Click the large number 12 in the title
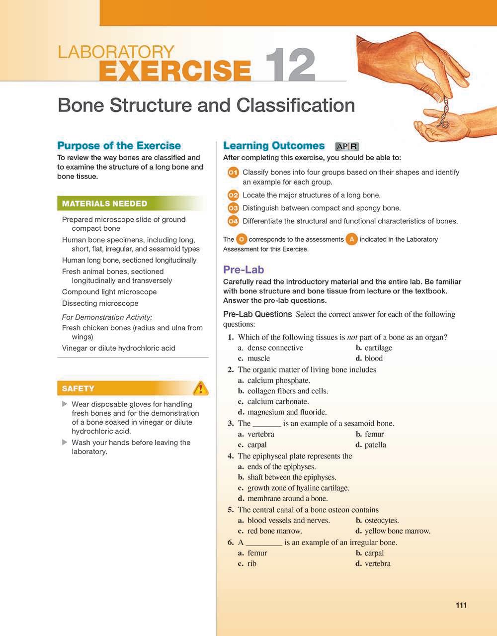click(290, 66)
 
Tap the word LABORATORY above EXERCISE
click(116, 52)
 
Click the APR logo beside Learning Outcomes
click(347, 146)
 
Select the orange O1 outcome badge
click(233, 173)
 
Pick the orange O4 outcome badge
click(233, 221)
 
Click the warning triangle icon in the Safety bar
click(200, 388)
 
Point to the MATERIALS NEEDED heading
click(104, 203)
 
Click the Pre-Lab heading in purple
click(244, 270)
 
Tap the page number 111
click(461, 605)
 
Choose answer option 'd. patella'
click(371, 445)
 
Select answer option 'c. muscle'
click(254, 358)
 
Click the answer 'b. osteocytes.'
click(377, 520)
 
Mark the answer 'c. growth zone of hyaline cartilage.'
click(294, 488)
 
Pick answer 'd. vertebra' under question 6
click(373, 563)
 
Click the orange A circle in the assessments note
click(351, 239)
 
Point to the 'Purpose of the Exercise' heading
click(119, 146)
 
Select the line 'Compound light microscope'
click(109, 292)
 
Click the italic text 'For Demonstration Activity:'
click(107, 317)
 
